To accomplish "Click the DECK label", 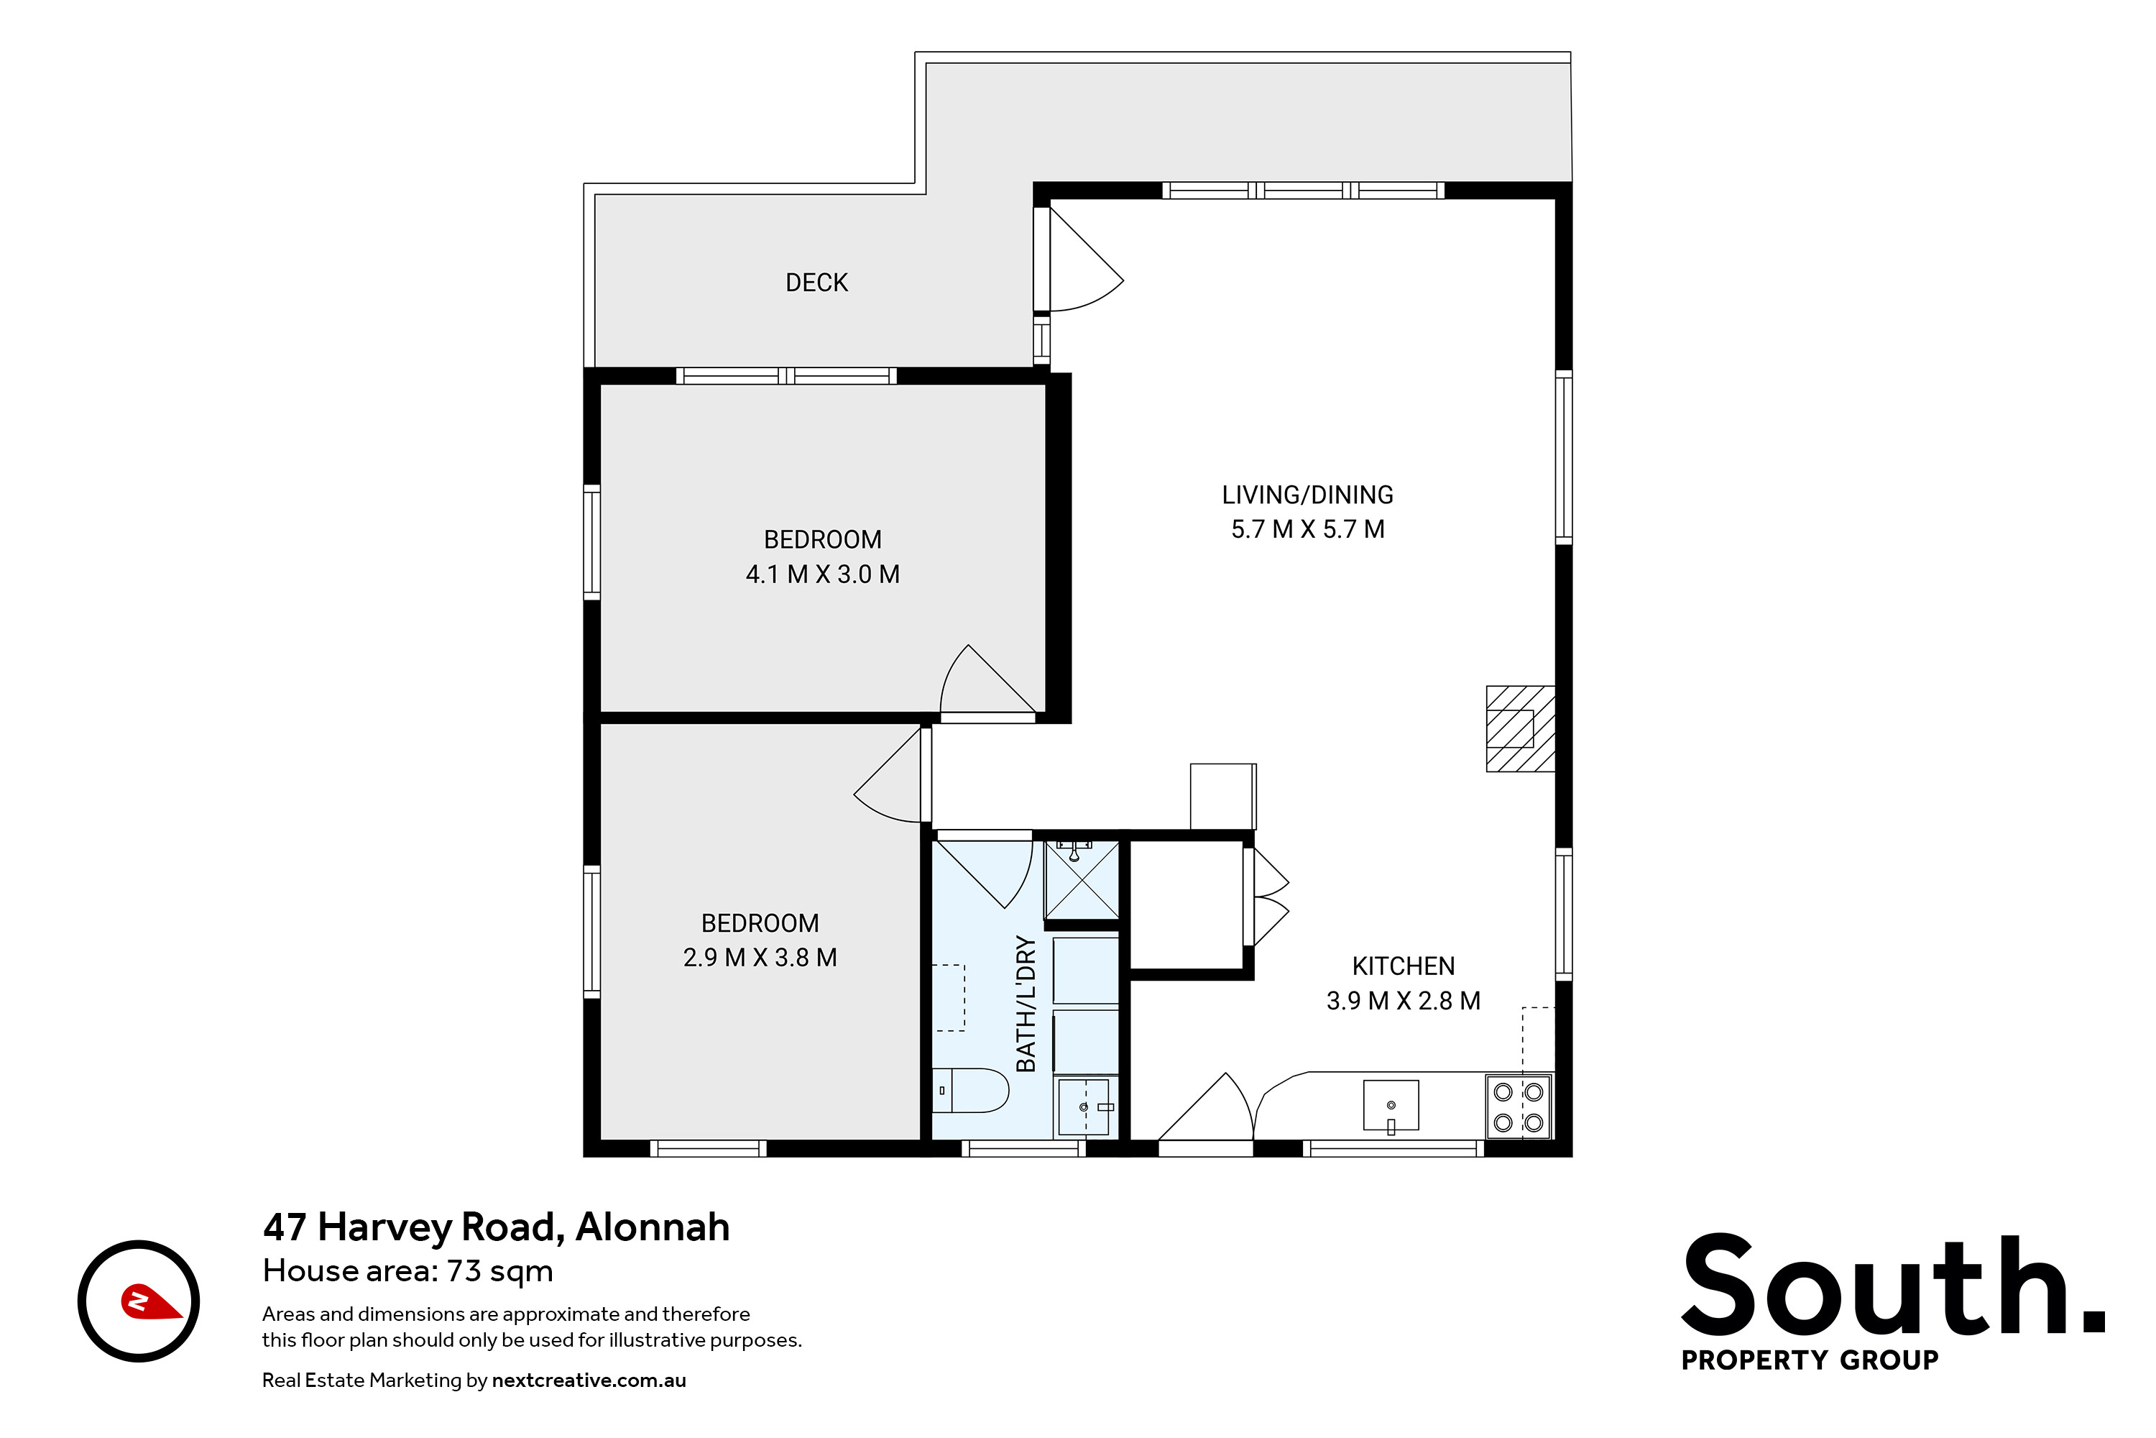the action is point(816,283).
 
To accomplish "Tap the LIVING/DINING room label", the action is point(1307,495).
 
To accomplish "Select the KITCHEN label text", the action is point(1404,966).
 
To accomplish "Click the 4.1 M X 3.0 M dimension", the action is point(822,574).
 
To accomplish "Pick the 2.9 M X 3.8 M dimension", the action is point(760,958).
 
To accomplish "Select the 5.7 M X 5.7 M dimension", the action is point(1307,529).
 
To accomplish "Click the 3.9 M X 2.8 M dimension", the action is point(1404,1001).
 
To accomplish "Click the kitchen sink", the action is point(1391,1106).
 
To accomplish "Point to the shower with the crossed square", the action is point(1082,879).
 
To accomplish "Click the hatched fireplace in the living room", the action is point(1520,729).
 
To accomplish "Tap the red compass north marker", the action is point(151,1301).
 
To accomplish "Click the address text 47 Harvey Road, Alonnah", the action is point(496,1227).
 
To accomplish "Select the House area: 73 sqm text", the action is point(408,1271).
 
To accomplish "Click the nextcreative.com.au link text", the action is point(589,1380).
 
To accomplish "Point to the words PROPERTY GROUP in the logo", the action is point(1810,1360).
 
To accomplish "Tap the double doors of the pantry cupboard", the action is point(1271,897).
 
